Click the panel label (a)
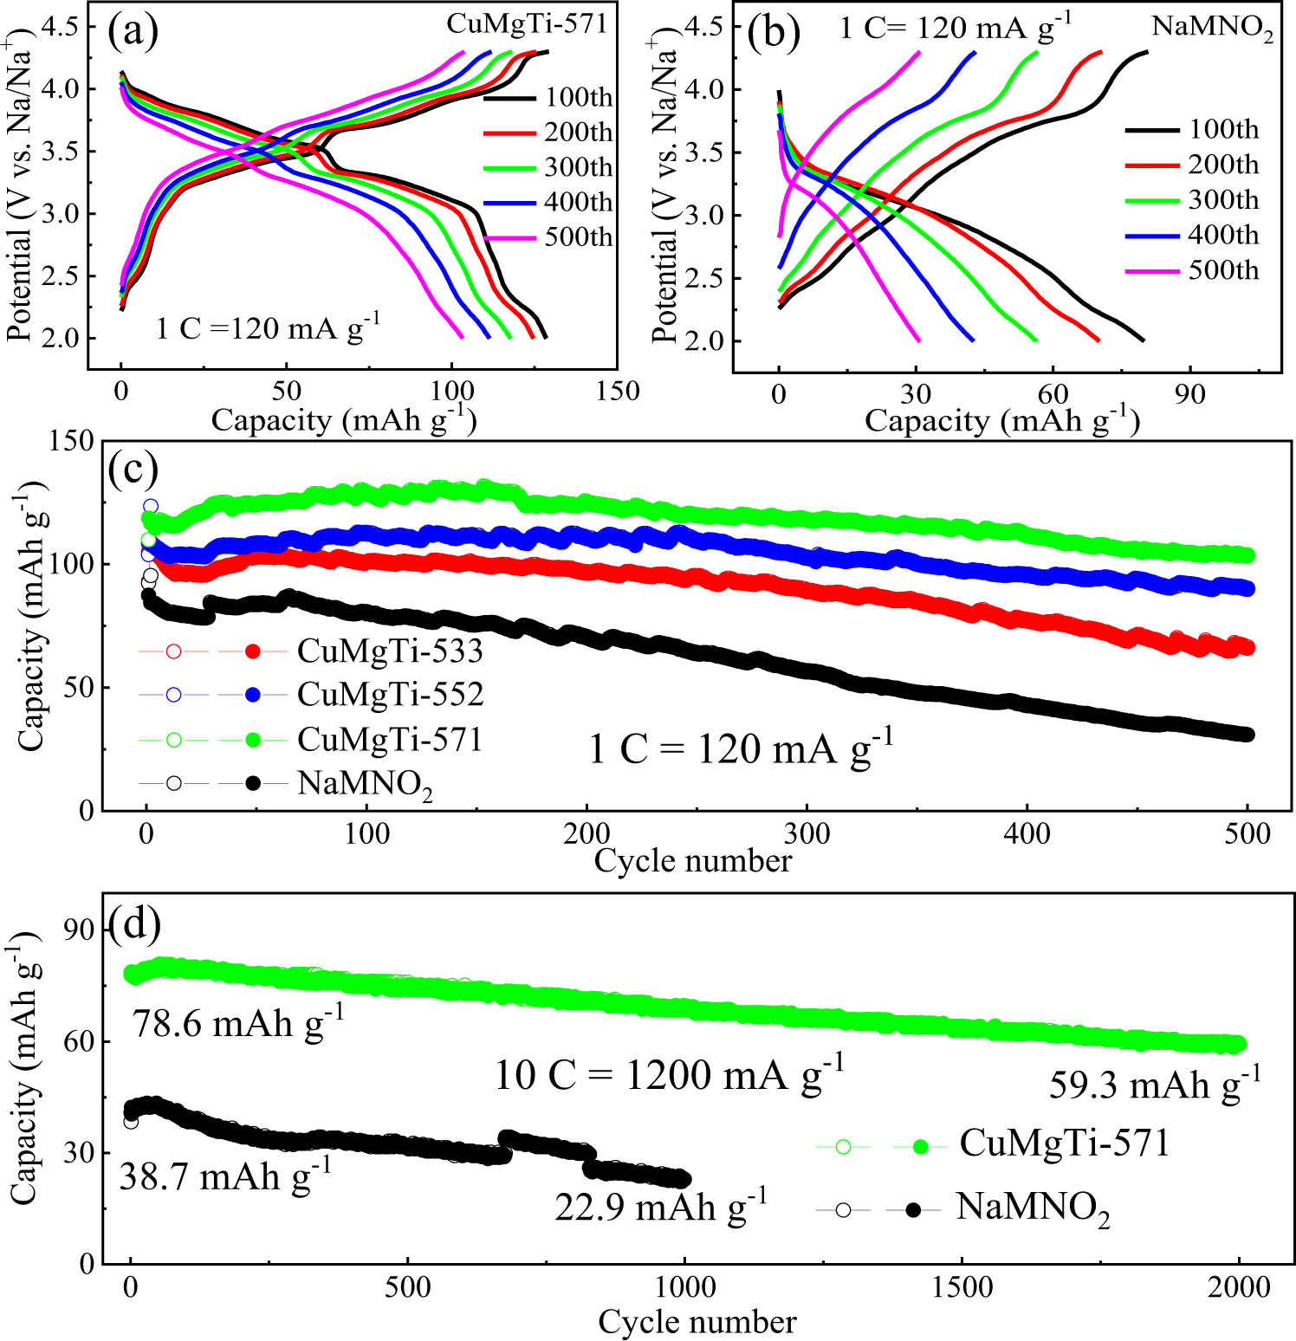tap(133, 32)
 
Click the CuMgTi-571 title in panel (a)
tap(528, 24)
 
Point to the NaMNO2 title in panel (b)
tap(1212, 28)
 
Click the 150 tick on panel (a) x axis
tap(618, 392)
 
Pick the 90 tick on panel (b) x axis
tap(1189, 395)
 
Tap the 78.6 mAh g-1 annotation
tap(238, 1022)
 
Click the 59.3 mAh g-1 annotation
tap(1155, 1084)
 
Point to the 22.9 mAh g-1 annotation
tap(660, 1207)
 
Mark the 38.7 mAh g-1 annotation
tap(225, 1176)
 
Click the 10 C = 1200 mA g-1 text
tap(669, 1075)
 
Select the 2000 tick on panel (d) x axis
tap(1239, 1287)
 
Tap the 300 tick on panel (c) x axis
tap(807, 834)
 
